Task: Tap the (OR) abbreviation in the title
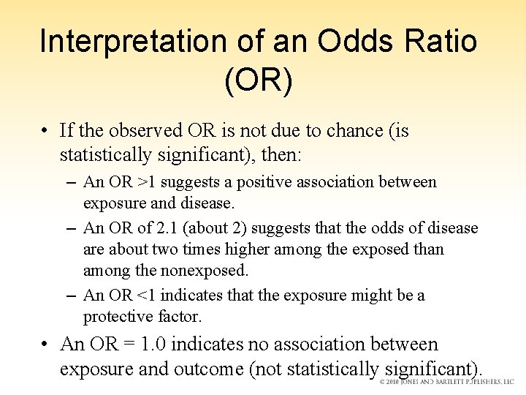pos(259,81)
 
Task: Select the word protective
pos(116,316)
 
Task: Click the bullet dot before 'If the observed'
pos(45,132)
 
